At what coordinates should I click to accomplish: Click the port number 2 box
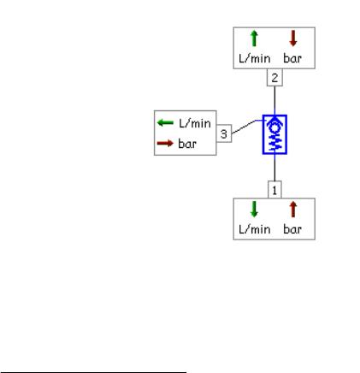point(274,78)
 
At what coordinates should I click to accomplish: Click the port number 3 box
point(224,133)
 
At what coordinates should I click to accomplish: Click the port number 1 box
point(274,190)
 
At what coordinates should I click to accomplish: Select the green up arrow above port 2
point(254,38)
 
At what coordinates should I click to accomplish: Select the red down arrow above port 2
point(293,38)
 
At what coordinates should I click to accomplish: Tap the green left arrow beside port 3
point(165,123)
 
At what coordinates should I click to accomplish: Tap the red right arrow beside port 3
point(165,143)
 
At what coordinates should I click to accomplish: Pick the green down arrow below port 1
point(254,210)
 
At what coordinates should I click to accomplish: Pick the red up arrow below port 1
point(293,210)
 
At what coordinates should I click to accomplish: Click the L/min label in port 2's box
point(255,58)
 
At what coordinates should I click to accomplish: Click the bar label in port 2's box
point(292,58)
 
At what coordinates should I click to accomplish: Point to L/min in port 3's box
point(195,123)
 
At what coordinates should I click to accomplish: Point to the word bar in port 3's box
point(187,144)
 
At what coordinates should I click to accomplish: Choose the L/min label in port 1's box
point(255,229)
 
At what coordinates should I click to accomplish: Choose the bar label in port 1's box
point(292,229)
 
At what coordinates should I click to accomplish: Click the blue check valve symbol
point(274,134)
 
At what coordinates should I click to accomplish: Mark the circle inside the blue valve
point(274,128)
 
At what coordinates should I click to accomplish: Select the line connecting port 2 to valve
point(274,100)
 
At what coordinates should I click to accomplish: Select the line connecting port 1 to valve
point(274,168)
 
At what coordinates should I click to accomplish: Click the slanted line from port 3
point(244,127)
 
